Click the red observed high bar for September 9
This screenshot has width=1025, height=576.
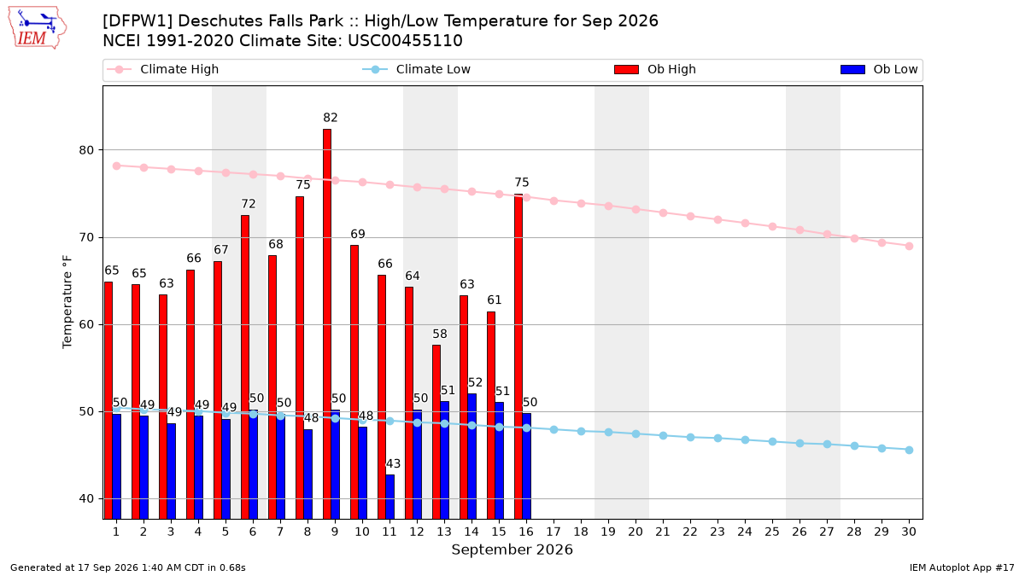point(327,323)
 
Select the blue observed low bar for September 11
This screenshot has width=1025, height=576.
point(389,497)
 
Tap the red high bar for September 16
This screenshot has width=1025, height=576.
point(518,357)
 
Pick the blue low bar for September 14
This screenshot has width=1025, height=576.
point(471,457)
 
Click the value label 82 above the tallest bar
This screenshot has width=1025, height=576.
point(331,118)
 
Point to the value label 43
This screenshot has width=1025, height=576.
point(393,463)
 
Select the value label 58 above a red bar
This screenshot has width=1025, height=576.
point(440,334)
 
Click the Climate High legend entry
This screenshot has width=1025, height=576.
point(163,69)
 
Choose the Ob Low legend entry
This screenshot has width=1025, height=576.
point(879,69)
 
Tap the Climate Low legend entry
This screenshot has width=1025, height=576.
point(417,69)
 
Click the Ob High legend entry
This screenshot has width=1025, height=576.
point(655,69)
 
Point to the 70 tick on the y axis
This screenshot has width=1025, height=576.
point(86,237)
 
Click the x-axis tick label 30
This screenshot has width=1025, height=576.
point(909,532)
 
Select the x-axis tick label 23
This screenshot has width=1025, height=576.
point(717,532)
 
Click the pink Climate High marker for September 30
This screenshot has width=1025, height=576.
point(909,246)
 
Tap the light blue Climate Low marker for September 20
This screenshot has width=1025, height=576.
point(635,433)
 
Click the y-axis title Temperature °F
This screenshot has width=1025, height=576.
point(67,302)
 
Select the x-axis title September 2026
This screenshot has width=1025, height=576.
point(512,550)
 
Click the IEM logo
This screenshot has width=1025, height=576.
point(38,28)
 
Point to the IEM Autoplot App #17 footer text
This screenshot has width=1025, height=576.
point(962,567)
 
